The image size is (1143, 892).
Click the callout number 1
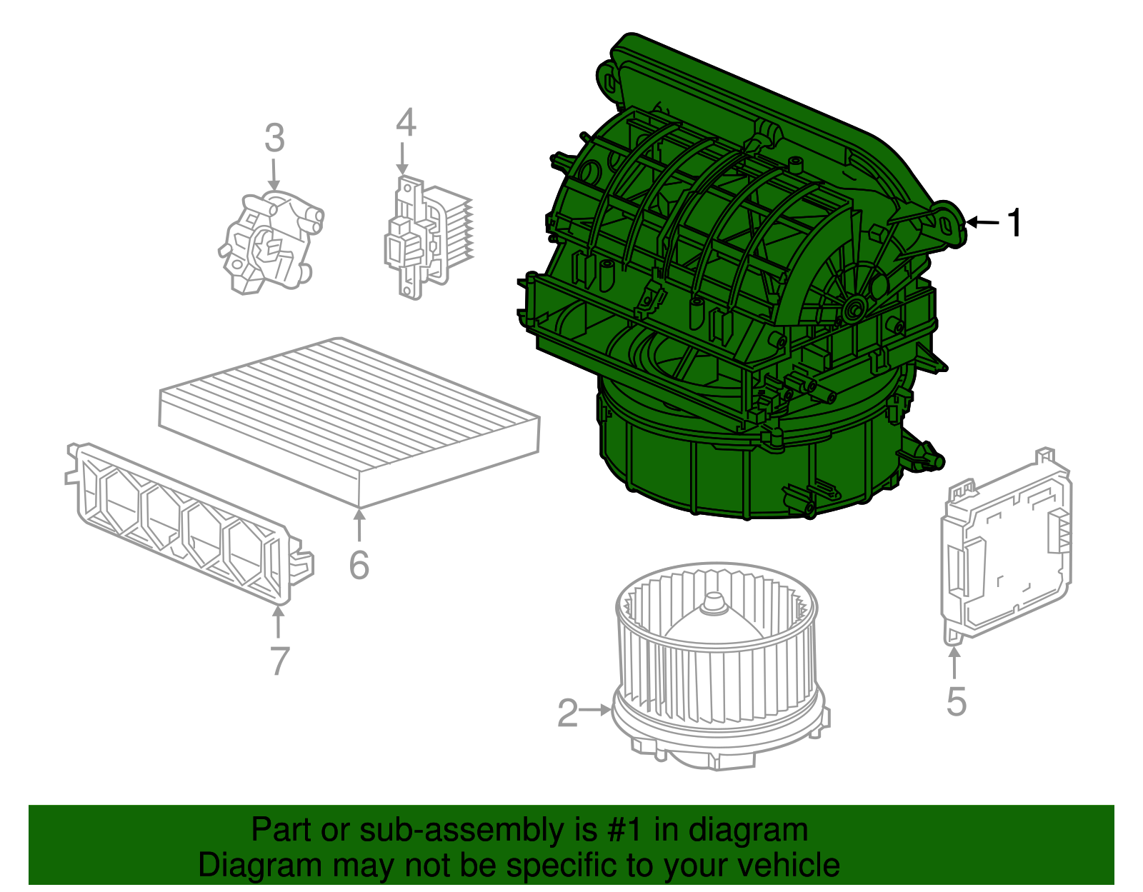point(1014,223)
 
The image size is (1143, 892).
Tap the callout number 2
point(567,713)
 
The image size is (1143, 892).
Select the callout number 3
point(274,139)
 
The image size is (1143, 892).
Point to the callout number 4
point(406,123)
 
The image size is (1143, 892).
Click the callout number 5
point(956,701)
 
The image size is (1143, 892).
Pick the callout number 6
point(359,565)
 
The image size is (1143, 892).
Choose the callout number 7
point(279,661)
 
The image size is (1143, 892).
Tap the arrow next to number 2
point(595,710)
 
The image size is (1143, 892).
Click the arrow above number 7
point(278,621)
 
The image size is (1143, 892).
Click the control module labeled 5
point(1007,550)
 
